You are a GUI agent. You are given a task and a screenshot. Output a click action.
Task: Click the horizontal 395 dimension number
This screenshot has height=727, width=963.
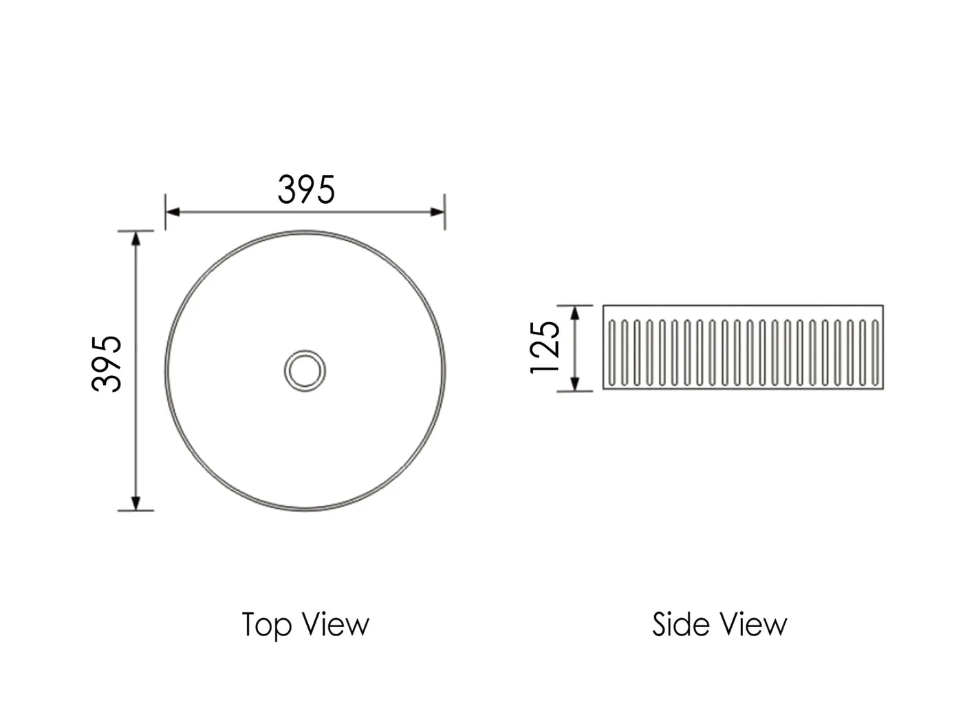coord(306,190)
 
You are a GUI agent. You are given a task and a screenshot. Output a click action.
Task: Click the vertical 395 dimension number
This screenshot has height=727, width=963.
coord(107,363)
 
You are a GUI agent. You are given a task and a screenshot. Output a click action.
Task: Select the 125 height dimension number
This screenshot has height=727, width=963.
coord(546,347)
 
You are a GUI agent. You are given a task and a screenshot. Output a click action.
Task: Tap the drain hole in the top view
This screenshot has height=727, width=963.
coord(305,370)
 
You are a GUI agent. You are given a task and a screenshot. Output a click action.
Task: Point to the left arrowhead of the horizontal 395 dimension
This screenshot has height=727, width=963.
coord(173,211)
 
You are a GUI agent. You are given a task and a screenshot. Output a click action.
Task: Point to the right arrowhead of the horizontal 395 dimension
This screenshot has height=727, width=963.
coord(437,211)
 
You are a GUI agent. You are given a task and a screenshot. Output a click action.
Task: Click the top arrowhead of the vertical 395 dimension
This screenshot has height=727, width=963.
coord(136,238)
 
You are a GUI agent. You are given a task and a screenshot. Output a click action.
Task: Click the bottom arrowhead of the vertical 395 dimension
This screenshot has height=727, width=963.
coord(136,503)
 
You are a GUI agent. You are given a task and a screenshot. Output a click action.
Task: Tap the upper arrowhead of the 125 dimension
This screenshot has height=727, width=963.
coord(576,313)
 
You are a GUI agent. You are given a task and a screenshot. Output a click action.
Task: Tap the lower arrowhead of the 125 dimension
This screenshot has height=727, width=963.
coord(576,384)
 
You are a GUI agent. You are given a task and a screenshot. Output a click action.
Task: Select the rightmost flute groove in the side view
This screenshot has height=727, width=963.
coord(876,352)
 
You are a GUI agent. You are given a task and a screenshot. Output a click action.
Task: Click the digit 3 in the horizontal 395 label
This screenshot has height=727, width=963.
coord(288,190)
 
